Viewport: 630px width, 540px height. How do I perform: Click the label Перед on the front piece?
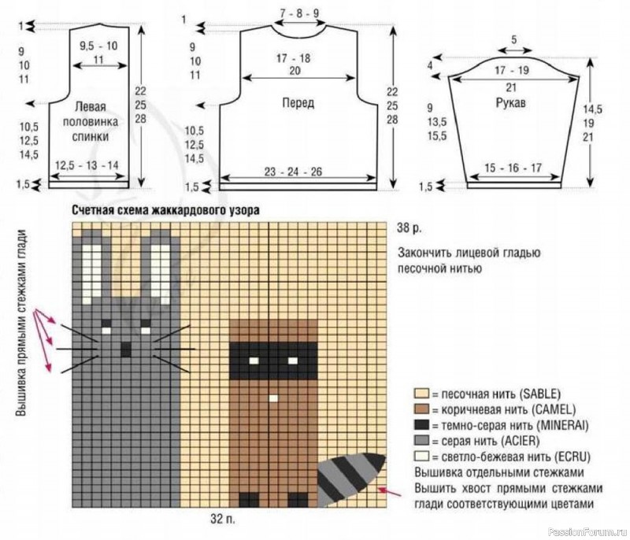coord(298,103)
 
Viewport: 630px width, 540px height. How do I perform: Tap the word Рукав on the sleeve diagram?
coord(510,103)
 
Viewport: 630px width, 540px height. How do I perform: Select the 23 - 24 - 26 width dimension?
coord(293,172)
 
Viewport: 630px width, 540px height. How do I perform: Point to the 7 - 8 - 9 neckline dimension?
coord(299,13)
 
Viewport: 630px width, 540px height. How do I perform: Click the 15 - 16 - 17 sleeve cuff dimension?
coord(513,168)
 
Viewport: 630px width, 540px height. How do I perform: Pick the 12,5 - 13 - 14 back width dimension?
coord(87,165)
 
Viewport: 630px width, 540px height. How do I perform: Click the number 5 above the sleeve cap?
coord(514,40)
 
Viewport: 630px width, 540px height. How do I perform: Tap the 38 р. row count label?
coord(409,228)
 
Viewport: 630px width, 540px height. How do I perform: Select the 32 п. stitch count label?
coord(223,519)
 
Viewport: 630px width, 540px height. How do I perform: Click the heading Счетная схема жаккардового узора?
coord(165,210)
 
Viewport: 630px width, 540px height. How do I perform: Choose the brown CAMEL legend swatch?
coord(421,409)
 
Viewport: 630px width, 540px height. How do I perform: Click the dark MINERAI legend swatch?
coord(421,425)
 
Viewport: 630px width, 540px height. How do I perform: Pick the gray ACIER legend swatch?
coord(421,441)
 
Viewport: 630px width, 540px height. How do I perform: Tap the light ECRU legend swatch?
coord(421,457)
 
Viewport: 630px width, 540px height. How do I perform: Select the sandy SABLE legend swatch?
coord(421,394)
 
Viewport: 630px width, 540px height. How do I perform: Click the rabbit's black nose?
coord(126,350)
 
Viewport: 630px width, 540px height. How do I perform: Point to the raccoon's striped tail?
coord(350,479)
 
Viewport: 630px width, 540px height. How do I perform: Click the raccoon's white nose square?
coord(273,398)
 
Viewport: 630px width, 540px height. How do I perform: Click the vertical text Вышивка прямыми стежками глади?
coord(21,323)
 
